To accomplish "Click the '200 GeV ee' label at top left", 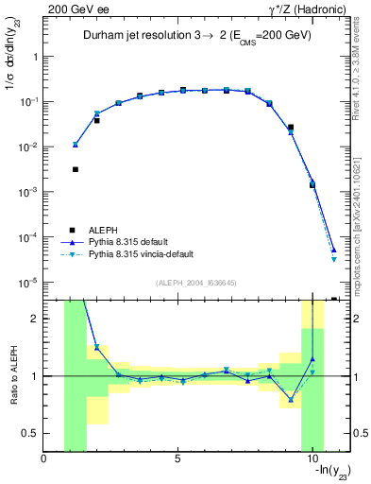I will point(73,9).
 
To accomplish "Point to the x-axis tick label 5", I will point(177,459).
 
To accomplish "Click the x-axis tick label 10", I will point(312,459).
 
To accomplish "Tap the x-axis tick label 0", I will point(44,459).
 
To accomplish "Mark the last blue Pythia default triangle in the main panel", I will point(334,250).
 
